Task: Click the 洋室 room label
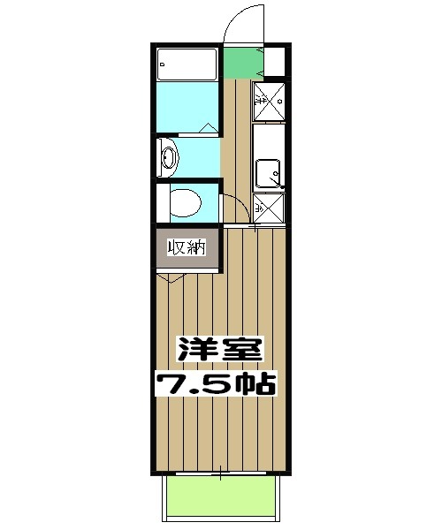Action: (x=220, y=348)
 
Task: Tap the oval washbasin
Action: (x=170, y=159)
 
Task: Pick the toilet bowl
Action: (x=183, y=203)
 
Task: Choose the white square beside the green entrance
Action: (x=274, y=63)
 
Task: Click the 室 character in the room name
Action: (x=241, y=348)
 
